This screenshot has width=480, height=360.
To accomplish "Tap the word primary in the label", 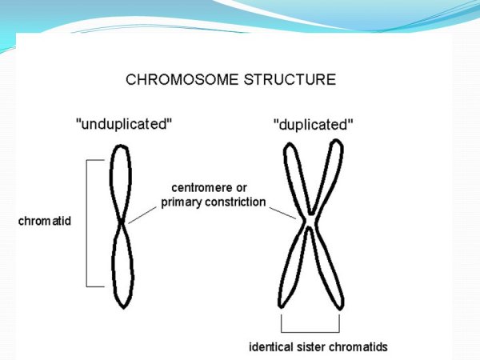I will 182,202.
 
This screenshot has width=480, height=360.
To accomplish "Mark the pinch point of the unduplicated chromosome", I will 121,222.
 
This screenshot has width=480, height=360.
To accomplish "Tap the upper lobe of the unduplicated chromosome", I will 121,180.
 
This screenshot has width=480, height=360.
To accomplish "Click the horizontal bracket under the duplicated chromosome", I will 310,330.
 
